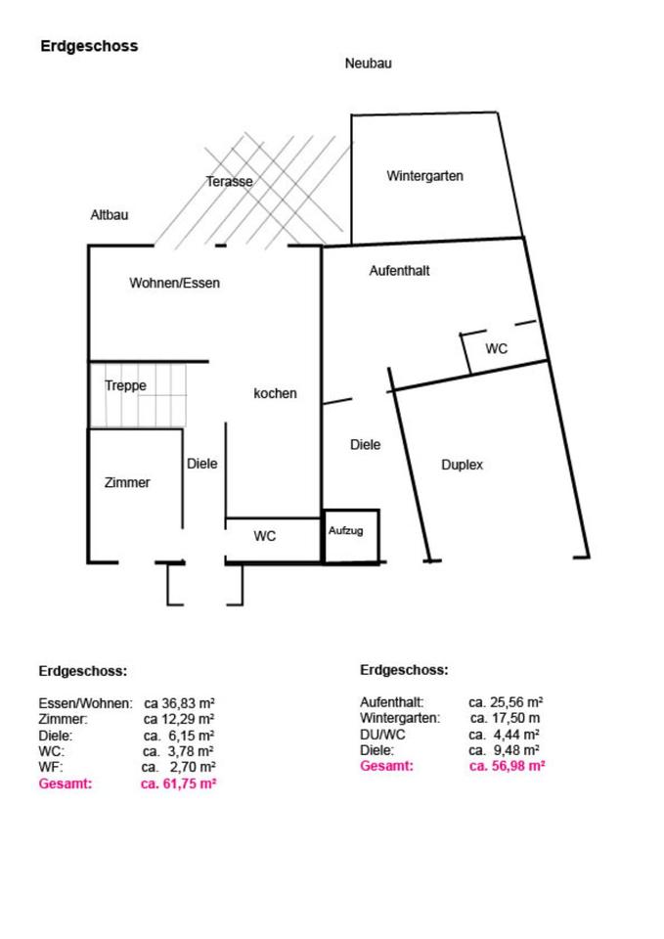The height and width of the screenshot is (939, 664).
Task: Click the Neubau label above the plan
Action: tap(368, 64)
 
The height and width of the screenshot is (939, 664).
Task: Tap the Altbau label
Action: tap(109, 215)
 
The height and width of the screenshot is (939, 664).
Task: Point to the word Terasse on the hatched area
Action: tap(230, 182)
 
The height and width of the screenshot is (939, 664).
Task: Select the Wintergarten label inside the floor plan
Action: tap(424, 177)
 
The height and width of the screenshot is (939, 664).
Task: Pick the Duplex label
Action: tap(463, 466)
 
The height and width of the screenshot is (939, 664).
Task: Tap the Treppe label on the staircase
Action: tap(125, 386)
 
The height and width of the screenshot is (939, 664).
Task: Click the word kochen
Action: tap(275, 394)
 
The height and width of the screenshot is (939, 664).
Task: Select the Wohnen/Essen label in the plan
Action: tap(174, 284)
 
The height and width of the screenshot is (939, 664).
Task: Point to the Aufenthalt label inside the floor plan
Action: tap(399, 271)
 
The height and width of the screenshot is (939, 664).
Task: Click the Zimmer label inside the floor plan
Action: tap(127, 482)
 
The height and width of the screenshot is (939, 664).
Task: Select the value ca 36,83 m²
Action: tap(179, 703)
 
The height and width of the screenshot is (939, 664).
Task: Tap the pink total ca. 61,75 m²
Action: tap(178, 784)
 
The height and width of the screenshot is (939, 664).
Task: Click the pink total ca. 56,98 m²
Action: tap(507, 766)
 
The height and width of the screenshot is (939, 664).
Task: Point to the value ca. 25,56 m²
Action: tap(506, 702)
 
